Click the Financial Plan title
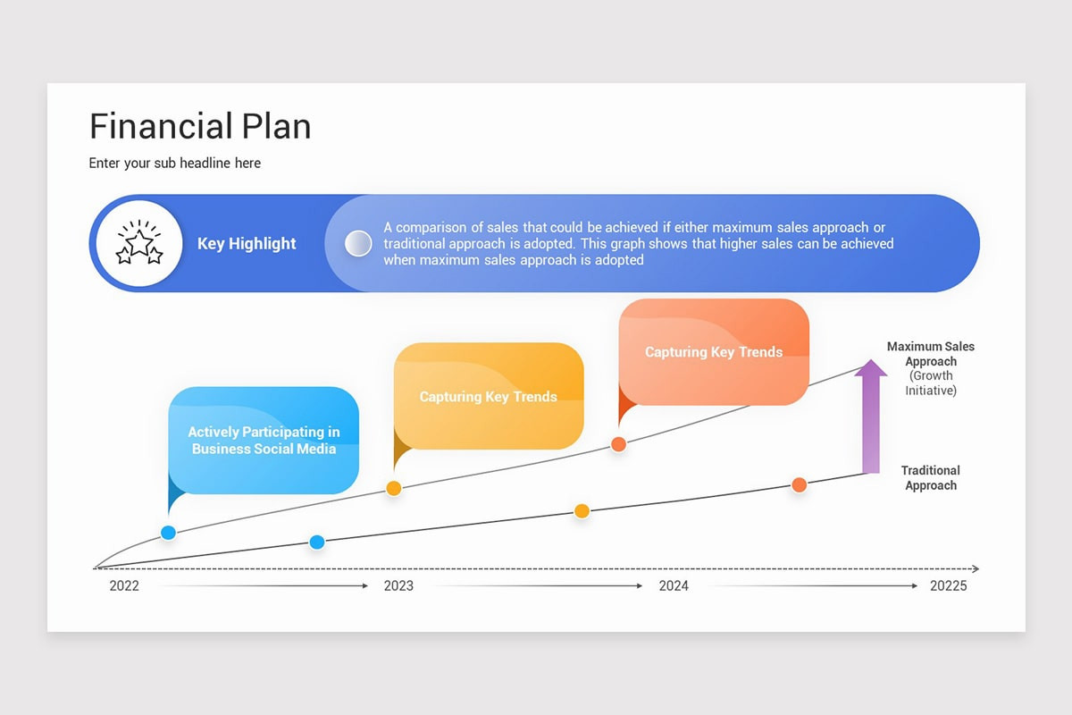point(200,126)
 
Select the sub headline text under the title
point(175,164)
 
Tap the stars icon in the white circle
point(139,243)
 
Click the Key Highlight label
point(247,244)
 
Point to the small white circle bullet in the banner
point(358,243)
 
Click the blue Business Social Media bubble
point(264,441)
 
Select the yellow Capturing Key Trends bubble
point(489,396)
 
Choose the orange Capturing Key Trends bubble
point(714,352)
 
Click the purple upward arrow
point(870,416)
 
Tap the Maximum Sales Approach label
point(931,354)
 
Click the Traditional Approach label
point(931,478)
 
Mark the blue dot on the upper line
point(168,533)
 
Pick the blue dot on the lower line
point(316,542)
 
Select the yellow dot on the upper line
point(393,488)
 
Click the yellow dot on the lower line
point(582,511)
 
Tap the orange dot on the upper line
point(617,444)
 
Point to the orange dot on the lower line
point(799,484)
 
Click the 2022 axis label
point(124,586)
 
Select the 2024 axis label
point(674,586)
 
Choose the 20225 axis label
point(948,586)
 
